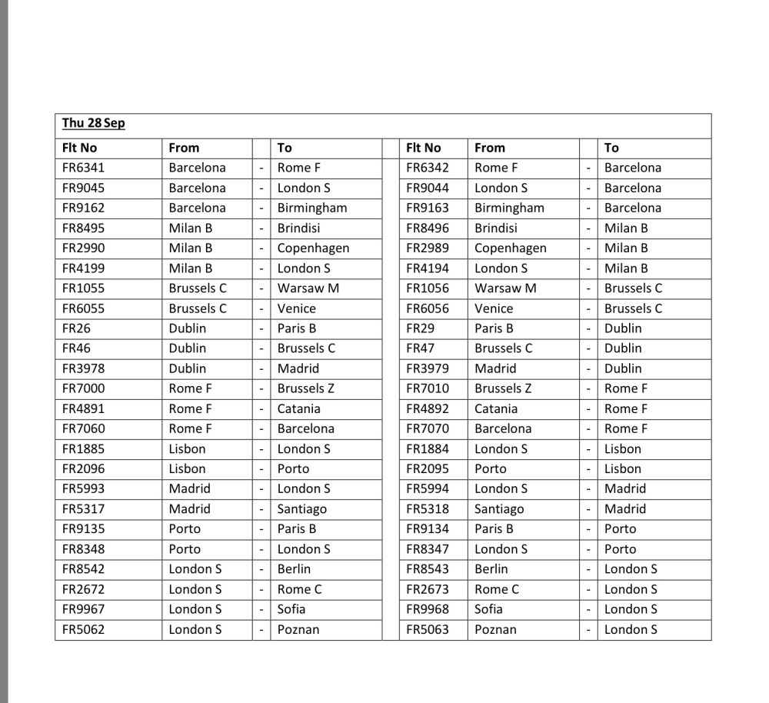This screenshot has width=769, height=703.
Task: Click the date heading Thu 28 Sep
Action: coord(94,124)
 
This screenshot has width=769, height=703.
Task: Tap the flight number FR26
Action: coord(76,328)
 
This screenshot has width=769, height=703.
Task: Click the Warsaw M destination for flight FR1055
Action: coord(308,288)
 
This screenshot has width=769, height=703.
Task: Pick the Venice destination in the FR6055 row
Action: coord(297,308)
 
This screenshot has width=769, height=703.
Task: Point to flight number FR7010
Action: coord(428,388)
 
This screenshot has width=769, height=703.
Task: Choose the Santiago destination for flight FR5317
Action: coord(302,509)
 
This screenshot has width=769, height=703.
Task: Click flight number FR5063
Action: coord(428,630)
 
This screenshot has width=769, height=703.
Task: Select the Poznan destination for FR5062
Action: coord(298,630)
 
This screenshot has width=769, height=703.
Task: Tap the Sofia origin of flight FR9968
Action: coord(488,609)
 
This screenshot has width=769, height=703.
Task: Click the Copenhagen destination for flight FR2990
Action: coord(313,248)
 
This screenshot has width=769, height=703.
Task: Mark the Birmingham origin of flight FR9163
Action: coord(509,208)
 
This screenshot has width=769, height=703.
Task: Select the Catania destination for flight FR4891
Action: coord(299,409)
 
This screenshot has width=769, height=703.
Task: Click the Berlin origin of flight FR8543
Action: coord(491,569)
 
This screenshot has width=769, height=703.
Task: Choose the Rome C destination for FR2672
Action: coord(300,589)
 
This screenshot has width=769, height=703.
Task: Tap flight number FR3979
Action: coord(428,368)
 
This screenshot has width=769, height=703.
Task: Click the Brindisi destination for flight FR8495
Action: coord(299,228)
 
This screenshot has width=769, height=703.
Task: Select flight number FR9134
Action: coord(428,529)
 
